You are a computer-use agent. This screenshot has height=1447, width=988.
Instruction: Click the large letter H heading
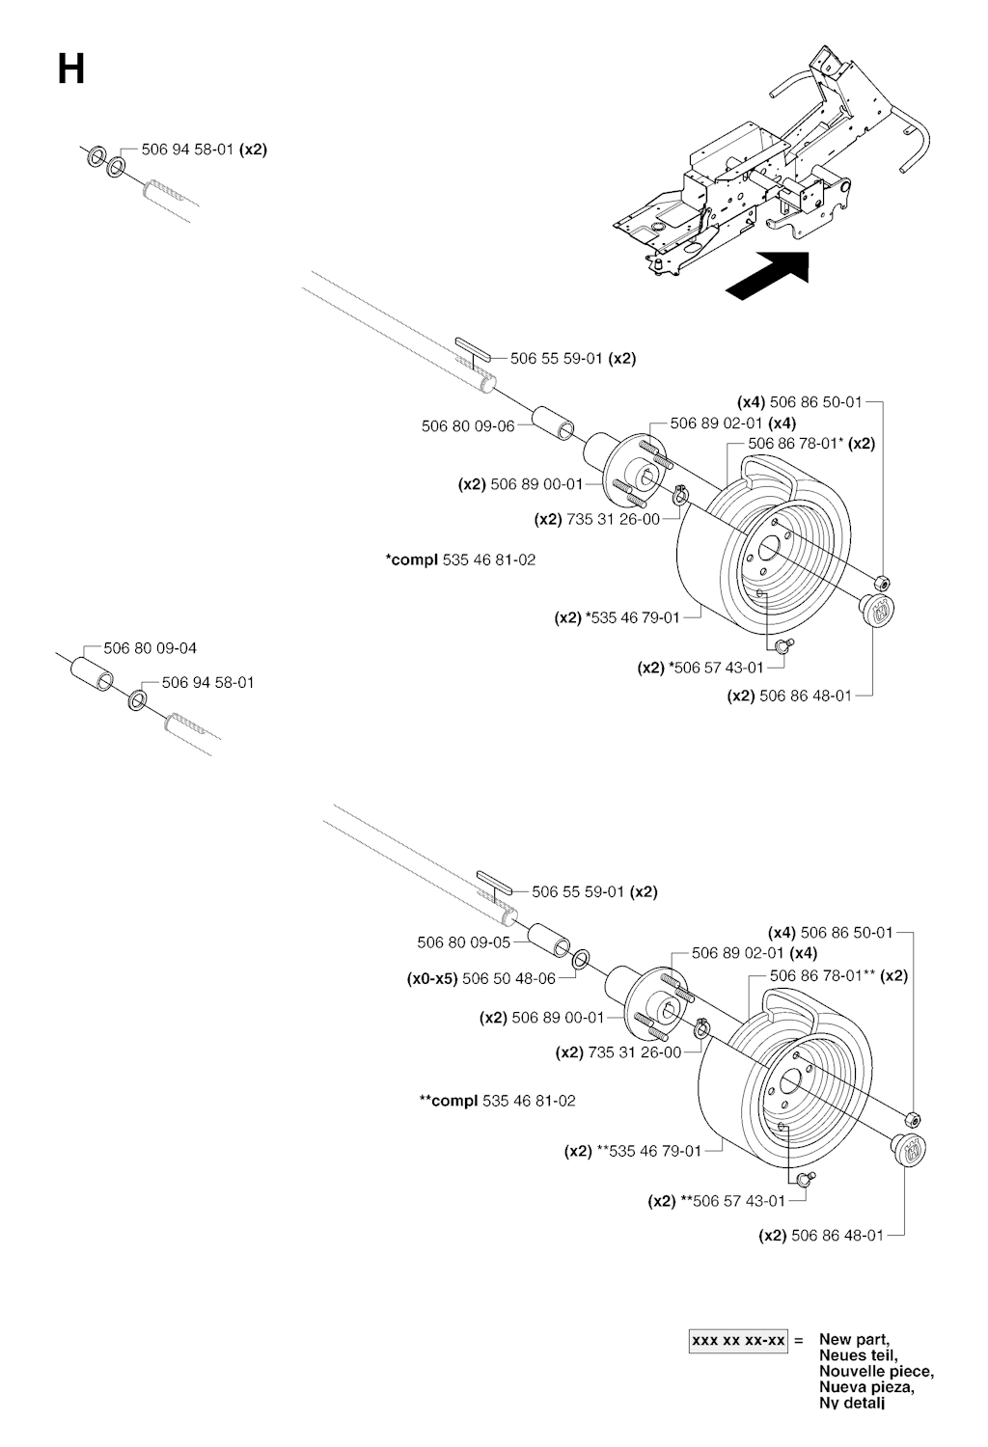71,69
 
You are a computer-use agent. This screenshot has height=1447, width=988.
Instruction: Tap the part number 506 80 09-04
156,648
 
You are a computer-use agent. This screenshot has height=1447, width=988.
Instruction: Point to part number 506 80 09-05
463,942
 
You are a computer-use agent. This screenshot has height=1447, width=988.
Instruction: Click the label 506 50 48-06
508,978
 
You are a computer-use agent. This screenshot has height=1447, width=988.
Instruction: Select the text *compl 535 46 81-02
460,560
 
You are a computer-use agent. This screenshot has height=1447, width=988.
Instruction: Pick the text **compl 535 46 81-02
498,1101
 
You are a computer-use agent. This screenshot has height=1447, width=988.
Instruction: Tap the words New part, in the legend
854,1339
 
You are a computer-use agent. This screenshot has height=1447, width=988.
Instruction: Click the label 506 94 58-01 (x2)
204,150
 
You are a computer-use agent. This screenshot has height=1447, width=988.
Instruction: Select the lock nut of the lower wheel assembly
913,1119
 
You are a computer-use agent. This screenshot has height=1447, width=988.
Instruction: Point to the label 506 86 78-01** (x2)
838,975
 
